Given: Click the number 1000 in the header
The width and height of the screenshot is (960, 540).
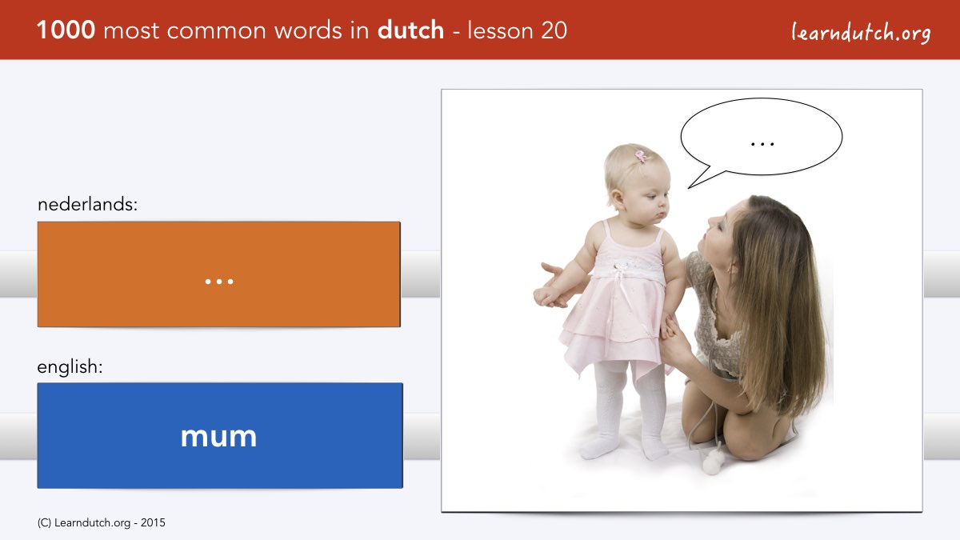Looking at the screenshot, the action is tap(66, 30).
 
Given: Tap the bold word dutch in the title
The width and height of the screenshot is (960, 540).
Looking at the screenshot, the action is tap(410, 30).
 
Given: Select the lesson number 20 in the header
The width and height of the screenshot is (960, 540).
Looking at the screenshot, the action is tap(554, 30).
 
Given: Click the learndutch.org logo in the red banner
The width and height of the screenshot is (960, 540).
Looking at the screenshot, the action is tap(861, 33).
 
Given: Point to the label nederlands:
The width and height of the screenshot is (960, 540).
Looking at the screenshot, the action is tap(88, 204).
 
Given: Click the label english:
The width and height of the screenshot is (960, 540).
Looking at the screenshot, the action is tap(70, 367).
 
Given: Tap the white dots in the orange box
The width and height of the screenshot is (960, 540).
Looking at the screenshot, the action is tap(219, 282).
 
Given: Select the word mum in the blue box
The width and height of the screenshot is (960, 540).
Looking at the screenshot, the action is tap(218, 437).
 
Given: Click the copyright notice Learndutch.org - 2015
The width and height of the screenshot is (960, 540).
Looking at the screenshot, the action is tap(102, 523).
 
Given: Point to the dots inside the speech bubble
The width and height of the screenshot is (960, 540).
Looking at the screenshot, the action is tap(762, 144).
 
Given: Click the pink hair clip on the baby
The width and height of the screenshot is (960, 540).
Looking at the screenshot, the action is tap(641, 156).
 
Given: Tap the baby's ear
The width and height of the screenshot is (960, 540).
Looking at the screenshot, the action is tap(618, 199).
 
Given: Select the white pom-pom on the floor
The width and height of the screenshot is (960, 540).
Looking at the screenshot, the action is tap(713, 462).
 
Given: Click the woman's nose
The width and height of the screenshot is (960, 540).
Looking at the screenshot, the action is tap(713, 221).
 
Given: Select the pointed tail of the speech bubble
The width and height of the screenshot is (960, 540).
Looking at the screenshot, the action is tap(689, 187).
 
